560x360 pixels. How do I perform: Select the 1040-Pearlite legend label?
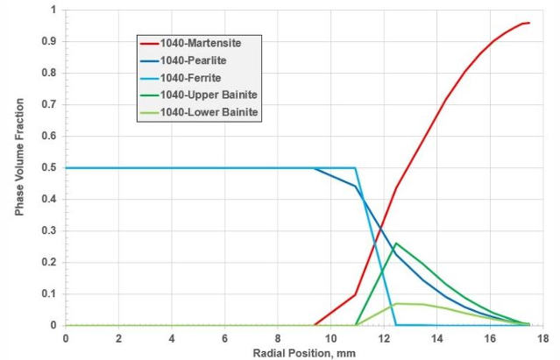click(x=195, y=60)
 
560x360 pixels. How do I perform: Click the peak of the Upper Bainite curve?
click(x=396, y=244)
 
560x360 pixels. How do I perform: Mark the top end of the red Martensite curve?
click(x=528, y=23)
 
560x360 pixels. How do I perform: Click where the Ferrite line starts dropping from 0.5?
click(x=356, y=167)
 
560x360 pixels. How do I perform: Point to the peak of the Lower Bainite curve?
click(x=397, y=303)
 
